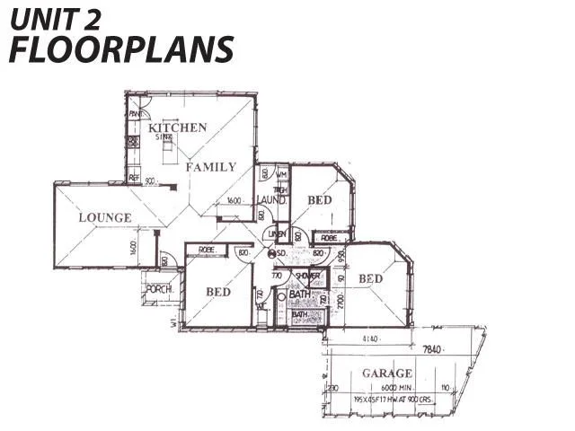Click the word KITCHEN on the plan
coord(178,128)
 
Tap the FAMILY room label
coord(211,167)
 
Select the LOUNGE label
coord(104,218)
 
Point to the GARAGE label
coord(387,373)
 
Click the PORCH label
coord(159,289)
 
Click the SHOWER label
coord(301,276)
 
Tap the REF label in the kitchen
coord(133,179)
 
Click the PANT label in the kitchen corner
coord(135,115)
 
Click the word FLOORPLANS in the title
coord(120,49)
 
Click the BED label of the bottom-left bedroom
coord(218,293)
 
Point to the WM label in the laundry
coord(280,173)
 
